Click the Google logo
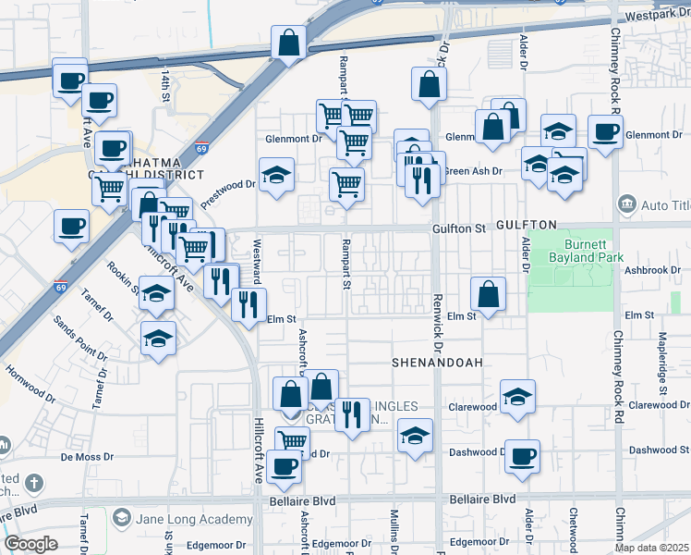(31, 544)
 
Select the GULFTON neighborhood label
(526, 225)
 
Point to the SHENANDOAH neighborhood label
(437, 362)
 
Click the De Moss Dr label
(87, 457)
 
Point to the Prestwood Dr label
(227, 191)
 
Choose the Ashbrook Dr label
(651, 270)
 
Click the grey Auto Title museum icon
(627, 203)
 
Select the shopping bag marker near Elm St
(488, 295)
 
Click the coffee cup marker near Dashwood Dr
(522, 457)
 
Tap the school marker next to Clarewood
(517, 398)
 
